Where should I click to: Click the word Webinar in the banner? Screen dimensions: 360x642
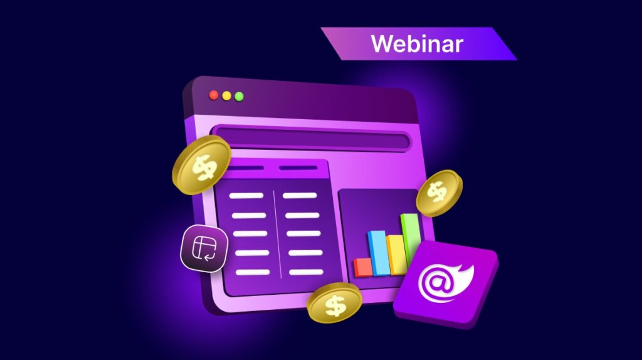(x=416, y=44)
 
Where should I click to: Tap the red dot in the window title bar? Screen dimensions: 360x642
(x=214, y=95)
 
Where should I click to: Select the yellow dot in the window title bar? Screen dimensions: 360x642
(x=226, y=96)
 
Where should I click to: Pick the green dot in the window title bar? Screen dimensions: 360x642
(x=239, y=97)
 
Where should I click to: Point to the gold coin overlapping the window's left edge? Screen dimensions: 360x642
(x=201, y=165)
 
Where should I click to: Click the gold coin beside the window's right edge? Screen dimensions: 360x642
(x=439, y=193)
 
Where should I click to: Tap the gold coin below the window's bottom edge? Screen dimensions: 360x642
(x=335, y=303)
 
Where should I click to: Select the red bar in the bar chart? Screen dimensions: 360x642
(x=363, y=268)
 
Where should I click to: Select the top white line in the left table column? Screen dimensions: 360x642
(x=246, y=196)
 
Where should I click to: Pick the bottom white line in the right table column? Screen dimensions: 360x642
(x=306, y=272)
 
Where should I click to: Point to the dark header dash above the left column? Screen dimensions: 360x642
(x=246, y=167)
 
